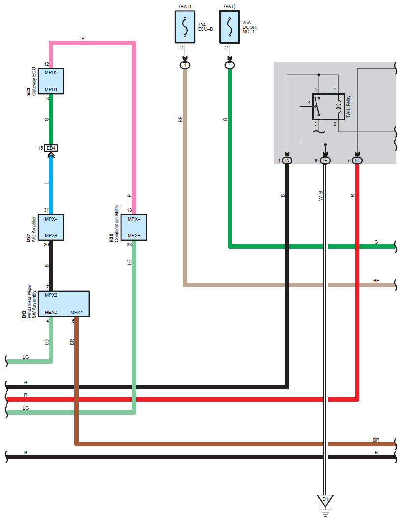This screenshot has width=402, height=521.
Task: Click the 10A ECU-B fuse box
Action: point(185,27)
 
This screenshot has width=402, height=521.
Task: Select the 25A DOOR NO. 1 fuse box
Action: point(230,27)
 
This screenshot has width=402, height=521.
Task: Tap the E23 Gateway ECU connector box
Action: point(51,81)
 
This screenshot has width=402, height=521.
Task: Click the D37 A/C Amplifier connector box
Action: point(51,228)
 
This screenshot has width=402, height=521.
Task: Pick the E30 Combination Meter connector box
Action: point(134,228)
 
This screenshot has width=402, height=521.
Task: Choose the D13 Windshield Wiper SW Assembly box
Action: point(64,304)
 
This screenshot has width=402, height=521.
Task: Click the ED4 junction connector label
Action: point(51,148)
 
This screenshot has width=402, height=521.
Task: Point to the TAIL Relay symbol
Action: point(328,106)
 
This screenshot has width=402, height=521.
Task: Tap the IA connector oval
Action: point(287,161)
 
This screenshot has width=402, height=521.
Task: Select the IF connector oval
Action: point(325,161)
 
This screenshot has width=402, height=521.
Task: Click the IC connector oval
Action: point(357,161)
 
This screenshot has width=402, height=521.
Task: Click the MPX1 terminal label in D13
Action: point(77,313)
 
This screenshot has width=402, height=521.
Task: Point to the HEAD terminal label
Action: point(51,313)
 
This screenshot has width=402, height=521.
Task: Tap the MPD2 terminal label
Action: point(51,73)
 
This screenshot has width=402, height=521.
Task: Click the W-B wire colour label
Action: point(321,196)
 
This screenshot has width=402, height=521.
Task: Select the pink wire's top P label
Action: point(83,39)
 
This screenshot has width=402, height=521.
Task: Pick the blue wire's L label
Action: point(47,183)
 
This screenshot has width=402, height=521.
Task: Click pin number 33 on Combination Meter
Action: point(129,244)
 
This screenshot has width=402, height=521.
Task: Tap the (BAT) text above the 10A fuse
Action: point(185,7)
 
